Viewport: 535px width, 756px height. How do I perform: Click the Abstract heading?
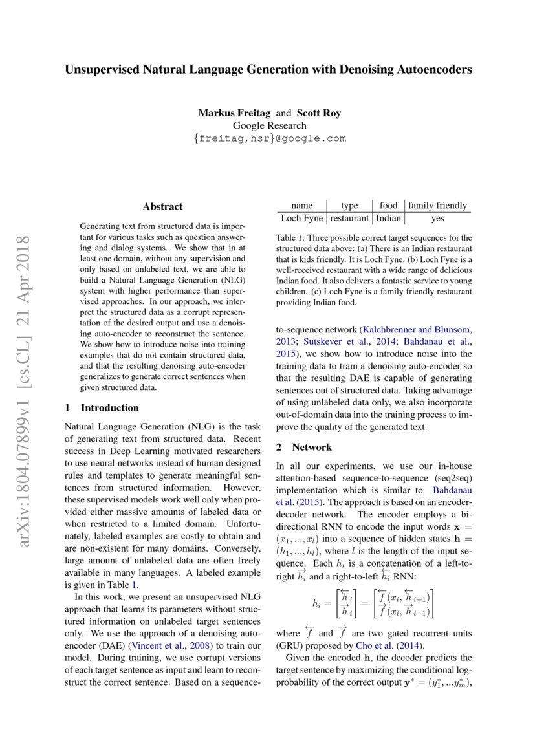tap(162, 206)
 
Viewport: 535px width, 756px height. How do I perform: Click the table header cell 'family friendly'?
tap(437, 206)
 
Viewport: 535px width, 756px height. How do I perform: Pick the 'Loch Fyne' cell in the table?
tap(301, 219)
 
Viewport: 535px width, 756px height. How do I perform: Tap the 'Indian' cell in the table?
tap(389, 219)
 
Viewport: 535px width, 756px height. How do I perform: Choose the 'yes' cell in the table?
tap(437, 219)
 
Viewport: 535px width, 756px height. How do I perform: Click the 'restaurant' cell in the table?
tap(349, 219)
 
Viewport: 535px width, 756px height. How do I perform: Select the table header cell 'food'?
tap(389, 206)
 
